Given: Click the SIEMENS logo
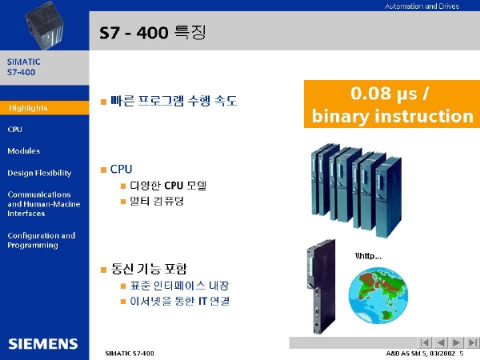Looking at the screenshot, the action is (43, 344).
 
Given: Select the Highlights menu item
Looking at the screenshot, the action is (28, 108).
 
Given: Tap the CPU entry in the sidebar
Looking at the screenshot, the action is (14, 129).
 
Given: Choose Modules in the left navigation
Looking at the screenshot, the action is (23, 150).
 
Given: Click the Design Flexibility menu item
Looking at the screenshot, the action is (39, 173).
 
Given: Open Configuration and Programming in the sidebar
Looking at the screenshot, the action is (42, 240).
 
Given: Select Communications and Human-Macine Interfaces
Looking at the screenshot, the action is (44, 204).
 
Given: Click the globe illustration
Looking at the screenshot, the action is (378, 295).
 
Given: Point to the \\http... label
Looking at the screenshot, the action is (368, 256).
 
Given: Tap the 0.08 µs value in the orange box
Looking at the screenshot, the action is (384, 94).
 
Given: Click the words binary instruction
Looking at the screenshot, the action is (393, 116).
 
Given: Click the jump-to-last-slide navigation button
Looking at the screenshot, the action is (472, 342).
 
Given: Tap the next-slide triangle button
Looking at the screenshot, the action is (456, 342).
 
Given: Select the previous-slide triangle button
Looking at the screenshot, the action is (441, 342).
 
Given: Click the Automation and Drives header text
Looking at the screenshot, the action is (422, 6).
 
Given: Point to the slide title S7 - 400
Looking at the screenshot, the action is (134, 33).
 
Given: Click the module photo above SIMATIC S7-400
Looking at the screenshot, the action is (45, 26).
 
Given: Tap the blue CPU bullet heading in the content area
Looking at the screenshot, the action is (121, 169).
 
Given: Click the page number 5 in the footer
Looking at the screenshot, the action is (462, 354).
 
